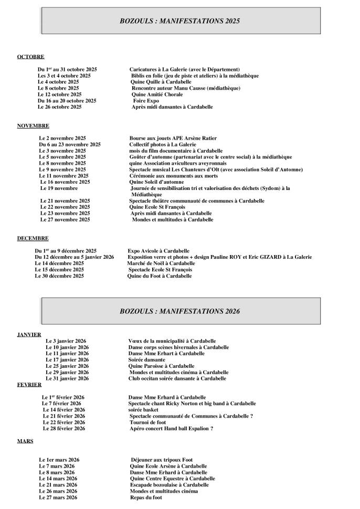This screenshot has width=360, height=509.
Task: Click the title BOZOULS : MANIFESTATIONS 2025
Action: [179, 21]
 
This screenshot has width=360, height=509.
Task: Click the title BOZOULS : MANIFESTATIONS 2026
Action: [179, 311]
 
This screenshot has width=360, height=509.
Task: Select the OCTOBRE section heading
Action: [30, 57]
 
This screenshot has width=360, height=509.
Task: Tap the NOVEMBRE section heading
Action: [33, 126]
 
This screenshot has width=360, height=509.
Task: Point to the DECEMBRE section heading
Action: [33, 238]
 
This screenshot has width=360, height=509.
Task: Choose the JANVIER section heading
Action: [29, 335]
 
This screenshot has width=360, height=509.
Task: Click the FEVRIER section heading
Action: [29, 385]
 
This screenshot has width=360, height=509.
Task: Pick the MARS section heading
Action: [25, 441]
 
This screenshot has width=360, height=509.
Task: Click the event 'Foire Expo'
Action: [146, 101]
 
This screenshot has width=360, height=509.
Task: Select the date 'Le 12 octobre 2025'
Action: [59, 94]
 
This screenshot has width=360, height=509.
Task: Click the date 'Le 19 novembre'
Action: [59, 188]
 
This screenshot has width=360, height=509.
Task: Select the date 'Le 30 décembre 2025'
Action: [59, 276]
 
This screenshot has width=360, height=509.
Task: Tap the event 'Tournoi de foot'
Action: [147, 422]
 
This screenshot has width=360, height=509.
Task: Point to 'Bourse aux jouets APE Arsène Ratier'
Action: [173, 139]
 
